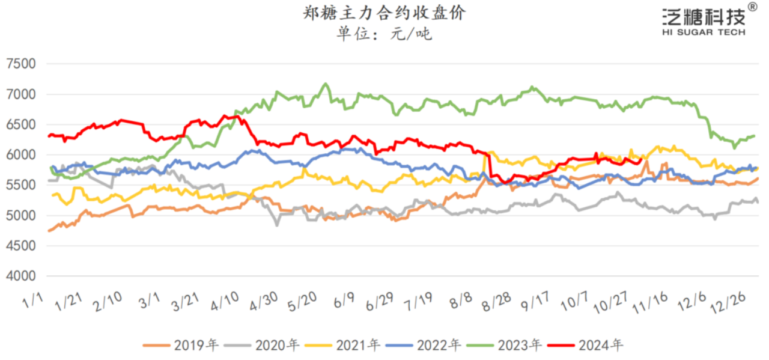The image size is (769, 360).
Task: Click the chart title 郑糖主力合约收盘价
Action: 384,13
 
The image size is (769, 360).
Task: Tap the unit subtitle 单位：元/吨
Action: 384,34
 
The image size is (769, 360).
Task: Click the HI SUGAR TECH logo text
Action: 704,32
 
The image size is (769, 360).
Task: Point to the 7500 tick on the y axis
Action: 21,64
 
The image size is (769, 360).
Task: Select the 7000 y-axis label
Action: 21,94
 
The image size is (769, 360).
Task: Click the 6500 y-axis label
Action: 21,125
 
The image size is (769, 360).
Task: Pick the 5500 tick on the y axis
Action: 21,186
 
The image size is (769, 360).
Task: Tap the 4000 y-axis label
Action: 21,276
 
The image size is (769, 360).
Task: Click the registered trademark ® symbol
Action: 752,7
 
